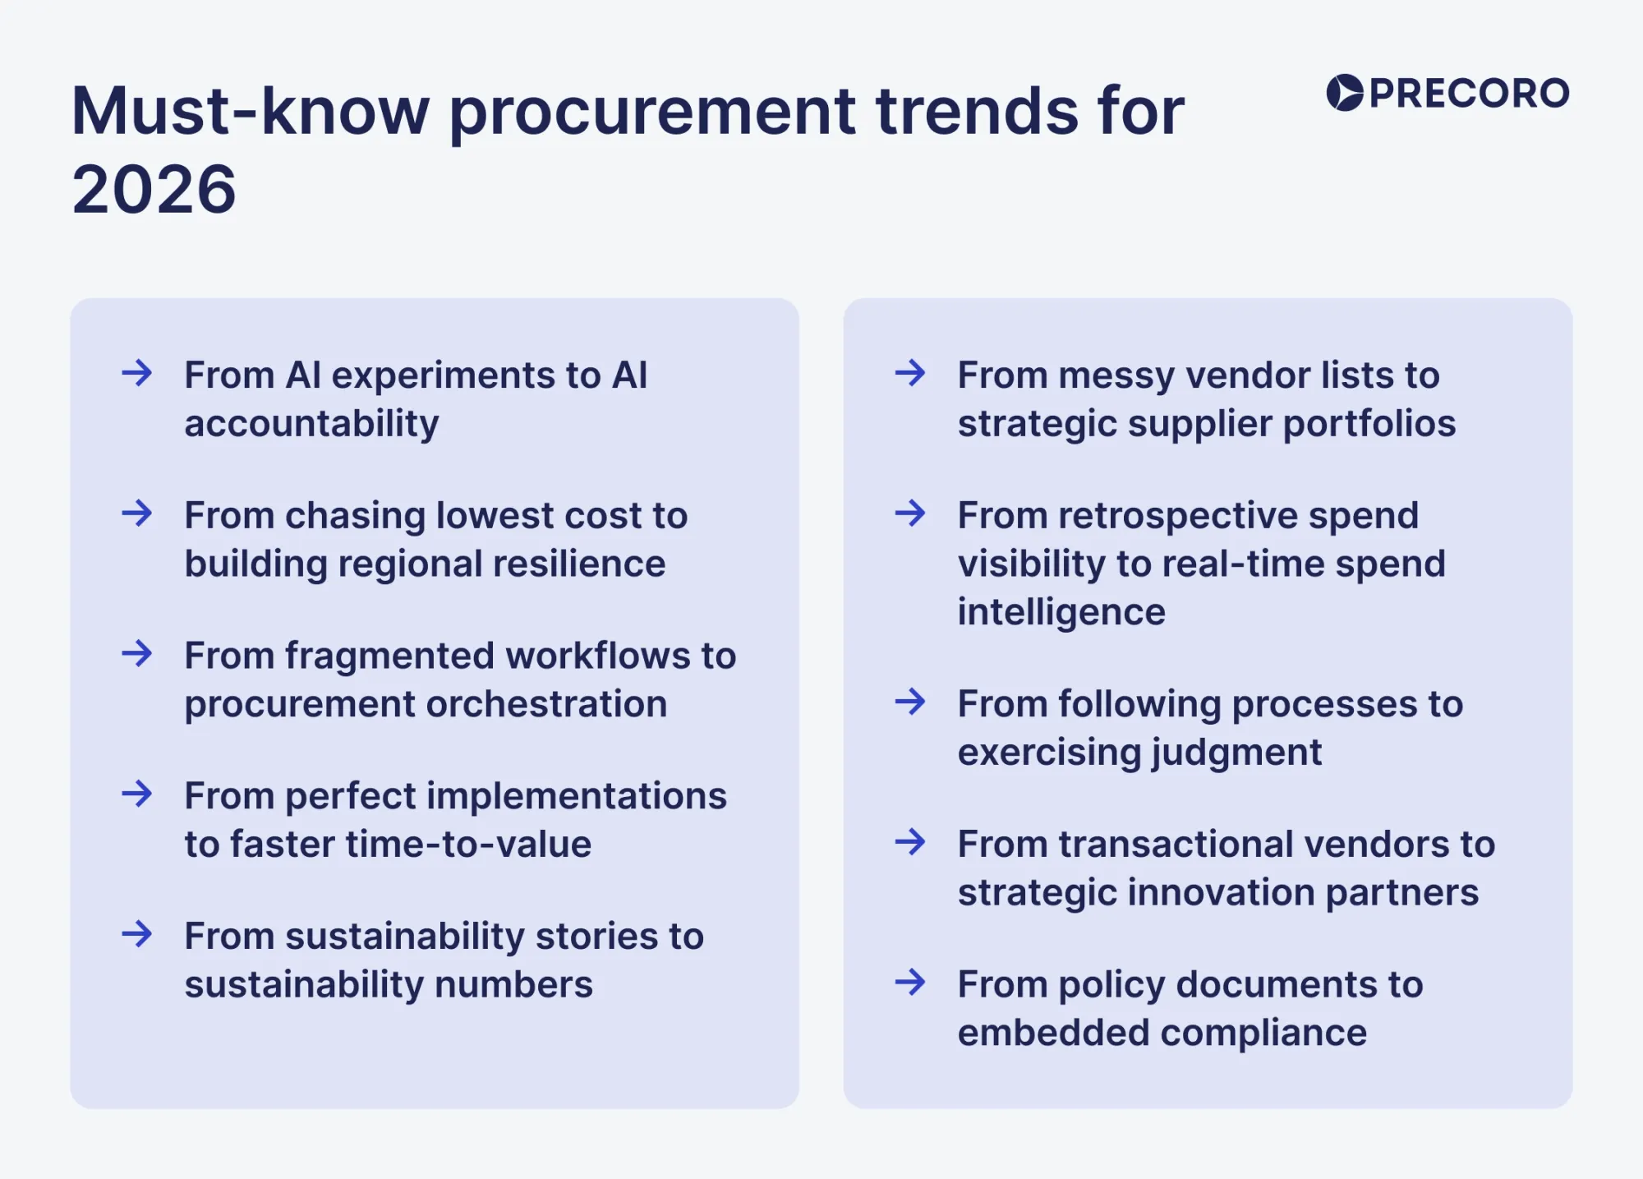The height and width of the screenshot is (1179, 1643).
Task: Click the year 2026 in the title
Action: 154,190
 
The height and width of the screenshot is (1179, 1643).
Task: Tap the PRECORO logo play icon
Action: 1345,93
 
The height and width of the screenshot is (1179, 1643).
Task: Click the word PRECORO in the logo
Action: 1469,93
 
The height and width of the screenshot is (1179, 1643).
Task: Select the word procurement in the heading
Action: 652,112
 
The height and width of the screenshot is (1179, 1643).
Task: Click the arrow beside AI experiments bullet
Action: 137,374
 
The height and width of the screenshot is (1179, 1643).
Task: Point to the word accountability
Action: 311,424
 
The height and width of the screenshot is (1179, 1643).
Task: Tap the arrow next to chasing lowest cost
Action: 137,514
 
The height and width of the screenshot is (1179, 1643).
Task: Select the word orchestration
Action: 546,704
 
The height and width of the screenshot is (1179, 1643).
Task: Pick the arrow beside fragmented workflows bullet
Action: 137,654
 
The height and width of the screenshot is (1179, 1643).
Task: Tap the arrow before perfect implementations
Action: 137,794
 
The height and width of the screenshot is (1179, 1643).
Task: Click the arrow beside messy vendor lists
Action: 910,374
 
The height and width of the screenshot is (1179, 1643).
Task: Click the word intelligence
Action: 1061,612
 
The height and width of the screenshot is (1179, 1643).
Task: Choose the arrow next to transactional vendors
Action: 910,842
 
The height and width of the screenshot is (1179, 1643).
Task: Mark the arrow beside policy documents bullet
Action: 910,983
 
